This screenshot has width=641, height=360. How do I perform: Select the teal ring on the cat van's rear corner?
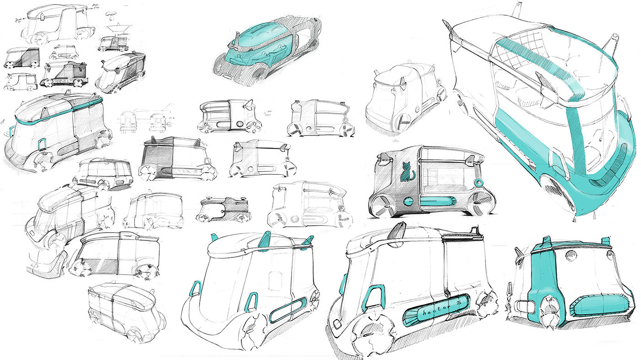click(478, 183)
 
